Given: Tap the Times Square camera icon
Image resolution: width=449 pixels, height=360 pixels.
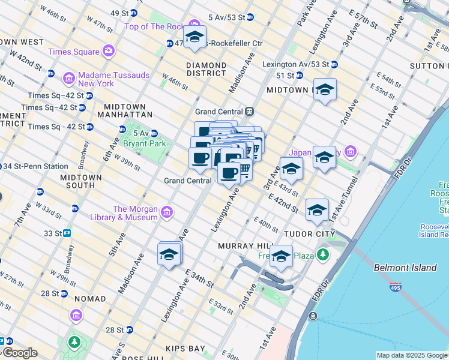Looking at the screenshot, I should [109, 52].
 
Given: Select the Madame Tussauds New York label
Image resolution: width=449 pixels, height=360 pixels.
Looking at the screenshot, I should [96, 79].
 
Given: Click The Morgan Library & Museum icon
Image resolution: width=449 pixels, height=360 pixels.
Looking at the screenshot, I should [167, 212].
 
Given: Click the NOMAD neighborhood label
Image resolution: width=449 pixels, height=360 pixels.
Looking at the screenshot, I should [89, 298].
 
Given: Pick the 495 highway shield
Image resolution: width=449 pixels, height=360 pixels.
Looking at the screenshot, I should [396, 287].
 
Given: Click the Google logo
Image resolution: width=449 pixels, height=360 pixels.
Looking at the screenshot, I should [19, 353].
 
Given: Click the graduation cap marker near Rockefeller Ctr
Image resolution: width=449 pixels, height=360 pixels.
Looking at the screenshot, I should [194, 37].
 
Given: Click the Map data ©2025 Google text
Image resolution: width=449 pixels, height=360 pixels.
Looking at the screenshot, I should [411, 355].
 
